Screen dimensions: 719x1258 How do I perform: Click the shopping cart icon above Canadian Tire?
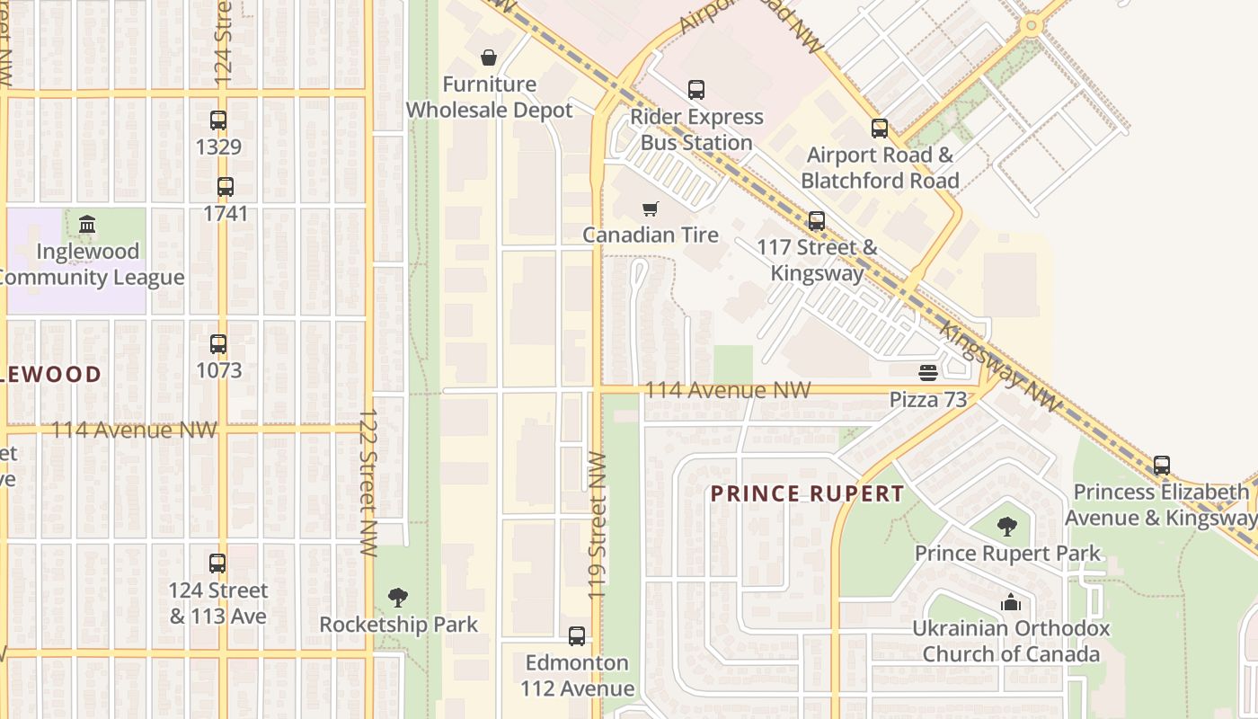pyautogui.click(x=651, y=209)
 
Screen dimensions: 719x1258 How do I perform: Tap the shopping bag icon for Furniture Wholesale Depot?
pyautogui.click(x=489, y=58)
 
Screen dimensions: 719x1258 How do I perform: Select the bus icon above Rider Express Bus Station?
pyautogui.click(x=696, y=90)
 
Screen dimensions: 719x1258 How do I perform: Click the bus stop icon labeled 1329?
pyautogui.click(x=218, y=120)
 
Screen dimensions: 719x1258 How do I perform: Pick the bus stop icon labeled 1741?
pyautogui.click(x=225, y=187)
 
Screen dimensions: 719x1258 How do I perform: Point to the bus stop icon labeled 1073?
pyautogui.click(x=218, y=343)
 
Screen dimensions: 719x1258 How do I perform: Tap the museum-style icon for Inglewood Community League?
pyautogui.click(x=87, y=224)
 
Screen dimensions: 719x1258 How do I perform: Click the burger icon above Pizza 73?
pyautogui.click(x=927, y=372)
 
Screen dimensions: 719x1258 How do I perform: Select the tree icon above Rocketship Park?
pyautogui.click(x=398, y=597)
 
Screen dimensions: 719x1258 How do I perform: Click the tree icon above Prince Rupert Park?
pyautogui.click(x=1007, y=527)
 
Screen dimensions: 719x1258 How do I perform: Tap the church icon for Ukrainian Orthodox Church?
pyautogui.click(x=1011, y=602)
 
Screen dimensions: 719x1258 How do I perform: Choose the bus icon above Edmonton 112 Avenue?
pyautogui.click(x=577, y=636)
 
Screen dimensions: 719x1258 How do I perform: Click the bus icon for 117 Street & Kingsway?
pyautogui.click(x=816, y=220)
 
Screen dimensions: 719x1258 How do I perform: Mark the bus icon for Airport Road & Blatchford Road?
pyautogui.click(x=879, y=129)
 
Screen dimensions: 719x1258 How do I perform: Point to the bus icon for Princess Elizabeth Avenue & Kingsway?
pyautogui.click(x=1161, y=466)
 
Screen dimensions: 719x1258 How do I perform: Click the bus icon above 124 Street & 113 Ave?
pyautogui.click(x=217, y=564)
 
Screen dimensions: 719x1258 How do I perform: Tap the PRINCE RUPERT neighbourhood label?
pyautogui.click(x=807, y=493)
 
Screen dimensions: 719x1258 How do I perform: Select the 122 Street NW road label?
pyautogui.click(x=368, y=482)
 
